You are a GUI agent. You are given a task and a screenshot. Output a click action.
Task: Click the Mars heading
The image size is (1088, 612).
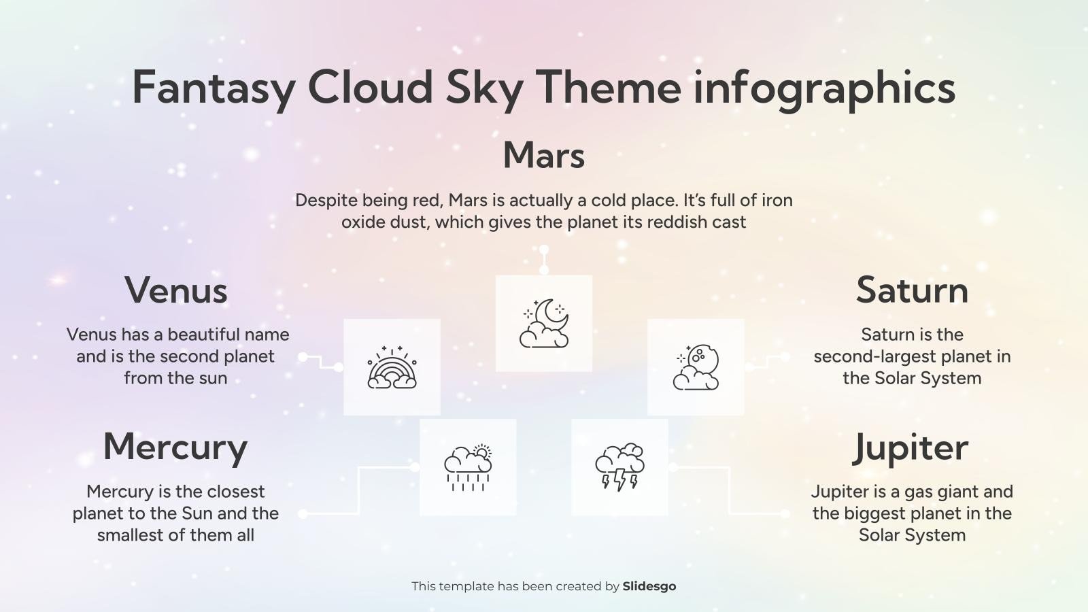[543, 155]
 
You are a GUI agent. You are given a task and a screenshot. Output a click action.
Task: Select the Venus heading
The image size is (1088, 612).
[175, 290]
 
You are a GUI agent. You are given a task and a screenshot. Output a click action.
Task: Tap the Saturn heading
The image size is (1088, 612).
[911, 290]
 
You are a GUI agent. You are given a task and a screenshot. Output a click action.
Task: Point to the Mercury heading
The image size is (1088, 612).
[175, 447]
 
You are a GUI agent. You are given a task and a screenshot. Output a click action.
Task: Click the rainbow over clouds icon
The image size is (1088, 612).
[392, 367]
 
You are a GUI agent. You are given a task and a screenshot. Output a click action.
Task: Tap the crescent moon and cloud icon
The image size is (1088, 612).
[544, 324]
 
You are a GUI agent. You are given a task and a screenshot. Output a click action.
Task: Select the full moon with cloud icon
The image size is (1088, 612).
[696, 367]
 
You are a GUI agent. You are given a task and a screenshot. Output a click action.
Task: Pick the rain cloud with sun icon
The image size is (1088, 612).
[468, 467]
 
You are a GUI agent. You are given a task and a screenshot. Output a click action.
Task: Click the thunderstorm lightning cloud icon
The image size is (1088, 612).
[619, 467]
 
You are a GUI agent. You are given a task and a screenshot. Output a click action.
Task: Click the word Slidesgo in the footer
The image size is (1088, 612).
[649, 586]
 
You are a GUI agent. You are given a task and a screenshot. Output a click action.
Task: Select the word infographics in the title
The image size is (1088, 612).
[823, 87]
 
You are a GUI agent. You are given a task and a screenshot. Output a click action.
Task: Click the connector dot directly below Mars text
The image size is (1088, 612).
[544, 250]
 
